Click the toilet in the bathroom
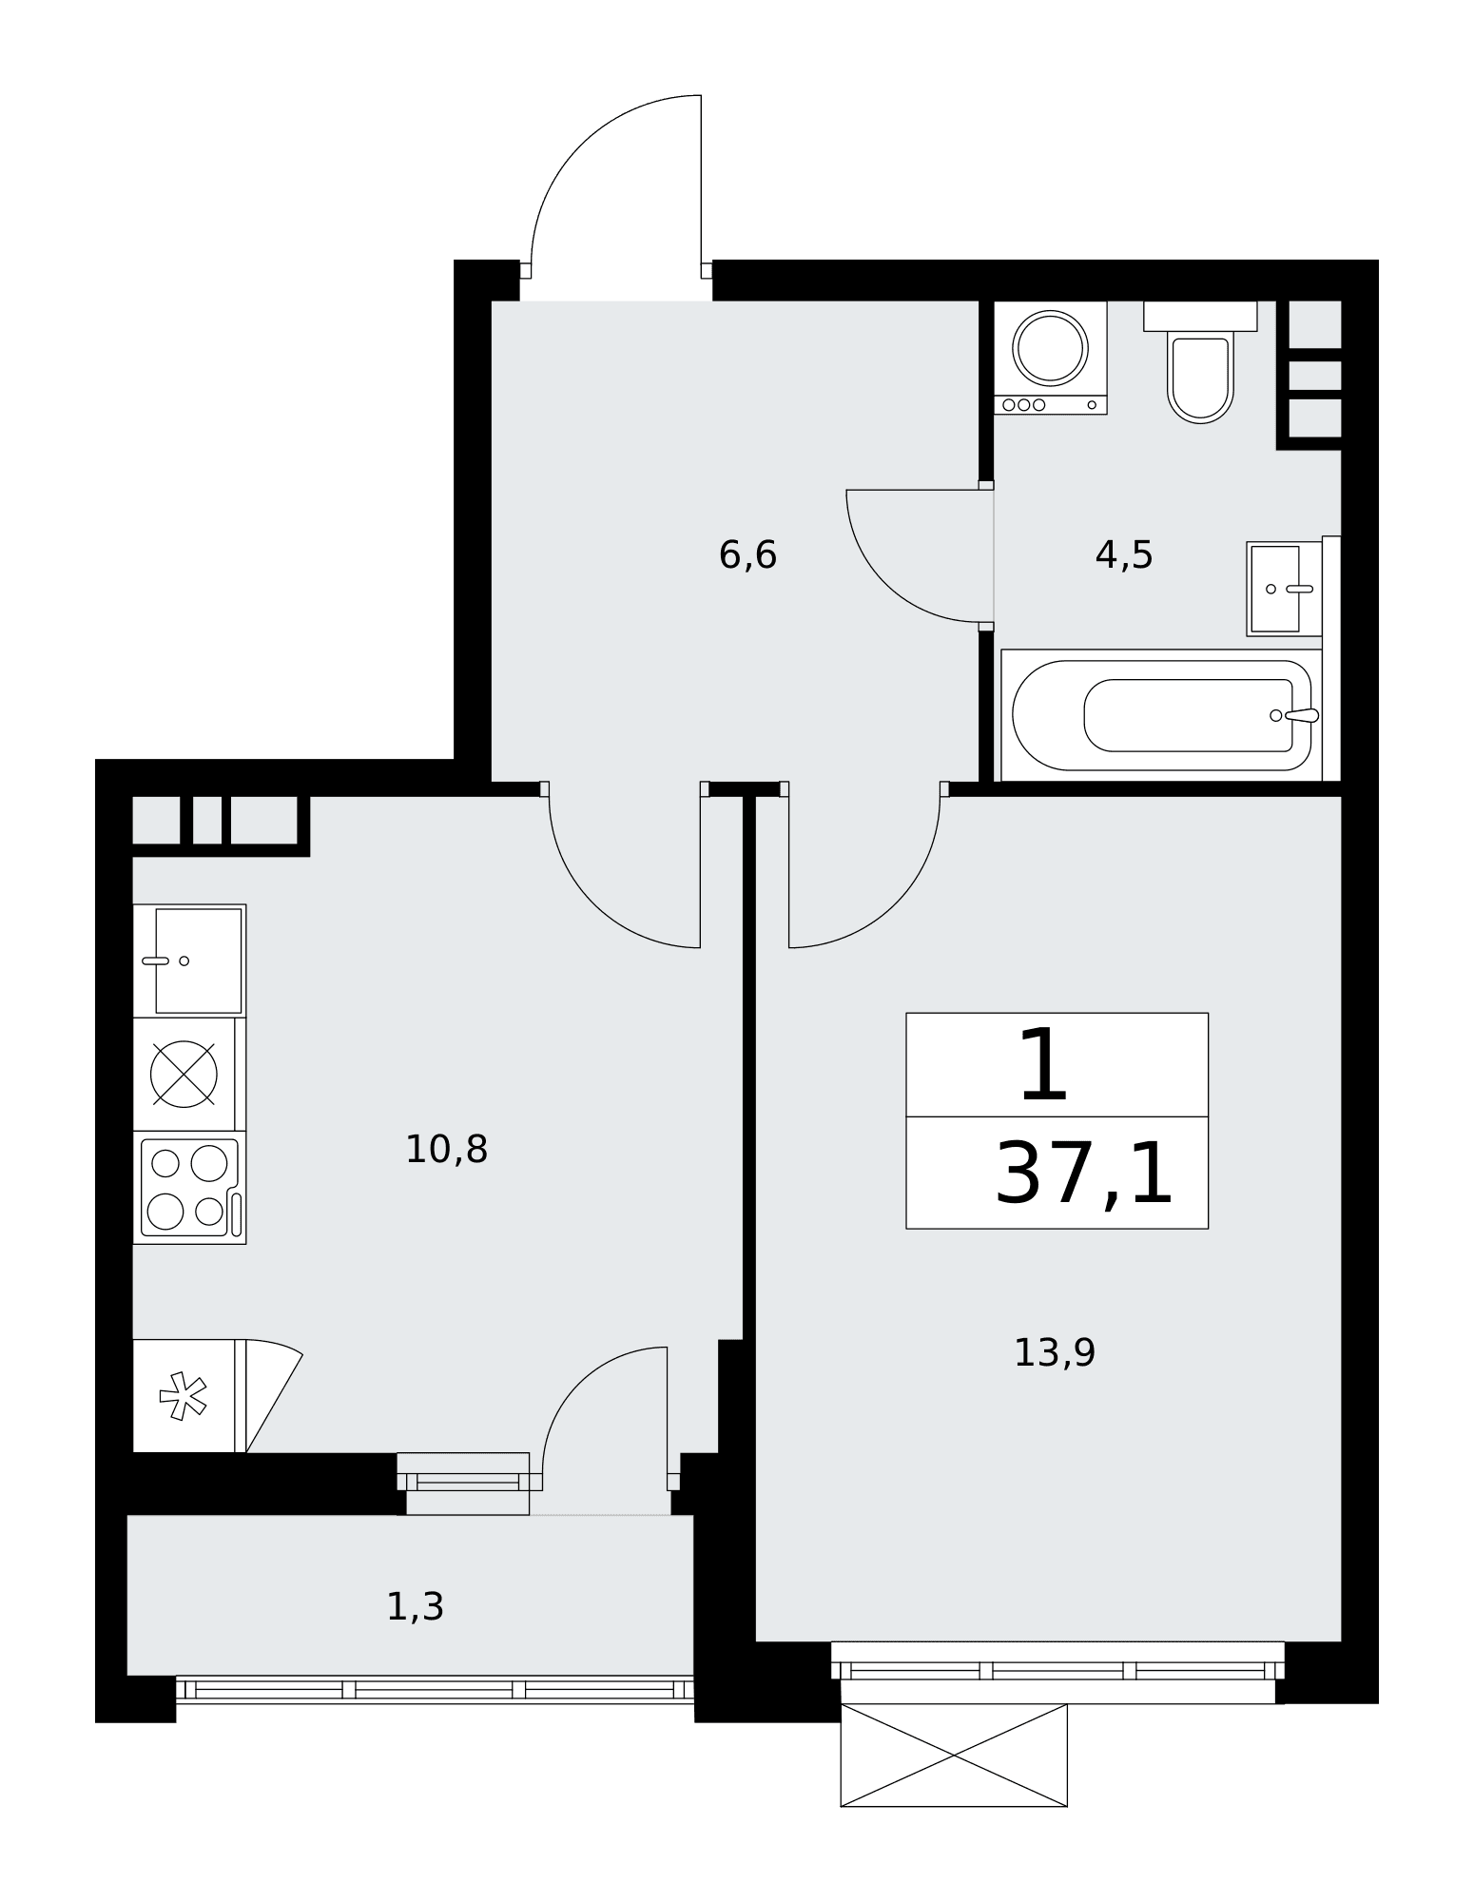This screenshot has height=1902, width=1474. [1200, 362]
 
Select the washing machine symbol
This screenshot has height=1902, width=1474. [1051, 358]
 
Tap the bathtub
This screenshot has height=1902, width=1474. [1161, 715]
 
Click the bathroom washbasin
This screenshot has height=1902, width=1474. [1284, 589]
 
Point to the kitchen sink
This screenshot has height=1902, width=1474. [189, 961]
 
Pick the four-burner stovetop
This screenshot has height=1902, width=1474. [189, 1188]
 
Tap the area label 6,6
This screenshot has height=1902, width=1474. [747, 555]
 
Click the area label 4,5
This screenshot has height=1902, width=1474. [1124, 555]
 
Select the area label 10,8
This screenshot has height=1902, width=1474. [446, 1150]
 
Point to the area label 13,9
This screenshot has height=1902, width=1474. [1055, 1352]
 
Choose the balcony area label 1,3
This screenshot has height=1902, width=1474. [415, 1607]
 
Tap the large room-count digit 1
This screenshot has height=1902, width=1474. [1044, 1065]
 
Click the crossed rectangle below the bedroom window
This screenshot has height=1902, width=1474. [954, 1756]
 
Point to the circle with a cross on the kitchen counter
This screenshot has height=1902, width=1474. [184, 1075]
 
